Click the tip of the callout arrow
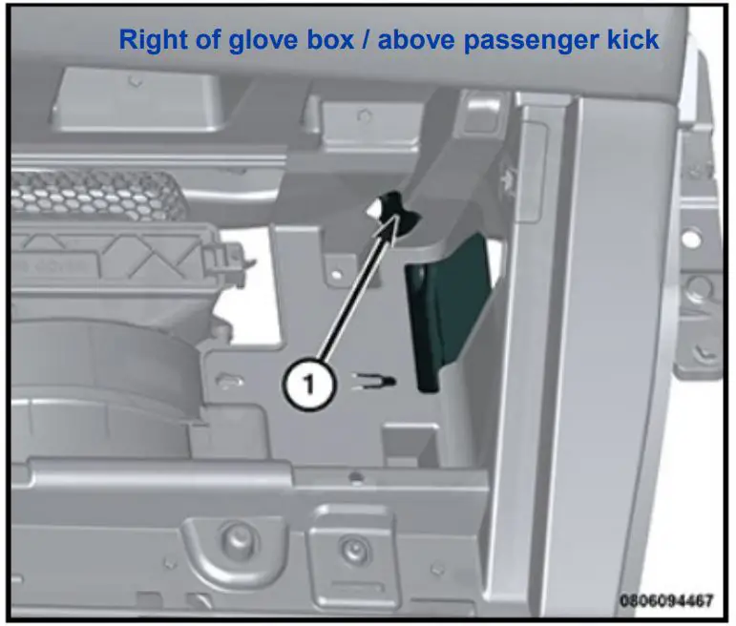point(394,219)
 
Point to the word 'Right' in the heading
point(149,39)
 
